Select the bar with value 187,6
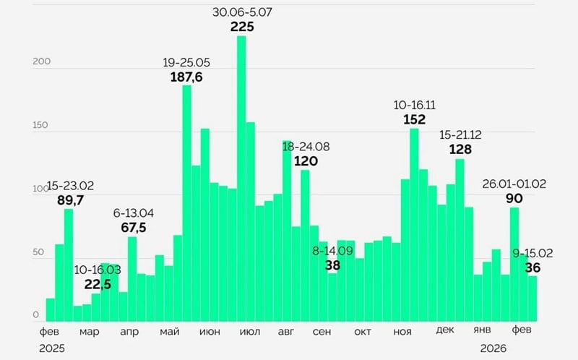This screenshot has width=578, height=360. tap(186, 203)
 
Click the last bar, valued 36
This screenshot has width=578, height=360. tap(532, 299)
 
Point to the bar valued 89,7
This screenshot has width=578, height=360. tap(69, 265)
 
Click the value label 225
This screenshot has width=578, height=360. tap(242, 27)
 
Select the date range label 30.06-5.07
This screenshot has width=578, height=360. tap(242, 12)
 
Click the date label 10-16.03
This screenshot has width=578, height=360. tap(98, 270)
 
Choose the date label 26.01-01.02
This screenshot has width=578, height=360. tap(514, 184)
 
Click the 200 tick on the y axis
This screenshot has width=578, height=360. tap(40, 62)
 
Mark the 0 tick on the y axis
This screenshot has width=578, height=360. tap(35, 315)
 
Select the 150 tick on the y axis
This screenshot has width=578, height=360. tap(40, 126)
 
